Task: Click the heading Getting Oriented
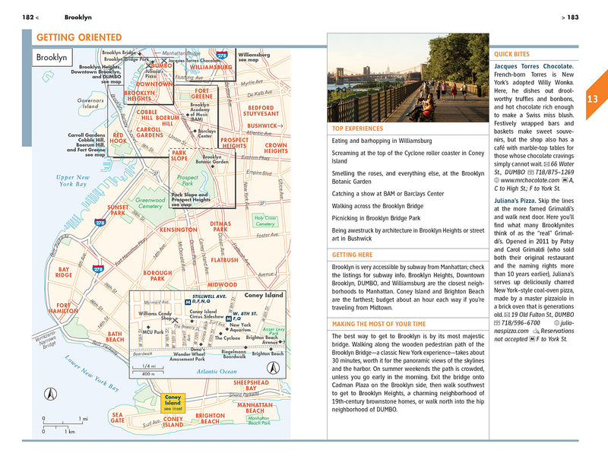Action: point(79,38)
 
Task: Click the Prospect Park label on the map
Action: point(187,180)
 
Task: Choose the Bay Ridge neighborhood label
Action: point(64,271)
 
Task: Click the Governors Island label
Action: point(90,103)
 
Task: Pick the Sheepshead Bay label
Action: point(251,385)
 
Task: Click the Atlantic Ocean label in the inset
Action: point(195,371)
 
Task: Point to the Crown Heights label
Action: point(276,147)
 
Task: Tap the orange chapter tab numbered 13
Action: point(594,99)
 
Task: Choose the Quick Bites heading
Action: point(512,54)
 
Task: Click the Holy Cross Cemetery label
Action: point(264,221)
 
